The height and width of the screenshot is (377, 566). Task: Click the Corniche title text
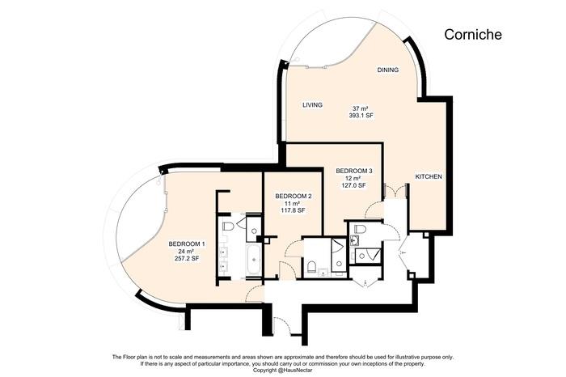coord(473,35)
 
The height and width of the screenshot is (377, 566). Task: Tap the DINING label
coord(388,70)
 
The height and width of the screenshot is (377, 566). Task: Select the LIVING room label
coord(313,105)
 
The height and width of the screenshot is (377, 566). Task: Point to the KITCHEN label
coord(429,177)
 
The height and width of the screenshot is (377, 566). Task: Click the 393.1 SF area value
coord(361,116)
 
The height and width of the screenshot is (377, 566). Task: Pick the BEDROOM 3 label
coord(354,171)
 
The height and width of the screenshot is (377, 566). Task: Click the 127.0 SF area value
coord(354,186)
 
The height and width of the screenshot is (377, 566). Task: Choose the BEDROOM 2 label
coord(294,196)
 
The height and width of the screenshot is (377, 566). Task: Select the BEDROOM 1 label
coord(187,244)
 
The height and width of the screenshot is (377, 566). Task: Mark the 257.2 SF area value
coord(187,259)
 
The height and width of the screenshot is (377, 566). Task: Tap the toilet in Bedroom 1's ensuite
coord(228,227)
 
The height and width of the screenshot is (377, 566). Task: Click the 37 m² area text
coord(361,108)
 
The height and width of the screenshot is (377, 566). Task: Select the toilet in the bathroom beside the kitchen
coord(361,231)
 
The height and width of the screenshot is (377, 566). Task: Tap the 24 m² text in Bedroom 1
coord(187,251)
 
